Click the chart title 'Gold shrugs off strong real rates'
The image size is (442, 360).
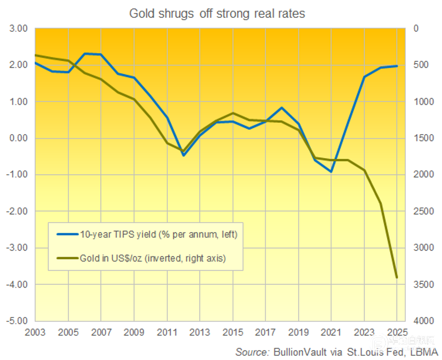[x=217, y=14]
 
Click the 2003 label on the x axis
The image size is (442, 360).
[x=35, y=331]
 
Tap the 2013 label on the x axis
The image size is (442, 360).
[x=200, y=331]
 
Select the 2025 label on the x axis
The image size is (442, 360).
[x=397, y=331]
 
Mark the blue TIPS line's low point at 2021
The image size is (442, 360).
[x=331, y=172]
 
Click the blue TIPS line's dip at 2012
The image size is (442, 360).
[x=183, y=155]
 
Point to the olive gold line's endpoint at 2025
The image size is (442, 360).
[x=397, y=278]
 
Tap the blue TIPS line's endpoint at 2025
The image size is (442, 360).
[x=397, y=66]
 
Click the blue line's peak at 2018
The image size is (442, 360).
[x=282, y=108]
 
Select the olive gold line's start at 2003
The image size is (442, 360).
[x=36, y=55]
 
